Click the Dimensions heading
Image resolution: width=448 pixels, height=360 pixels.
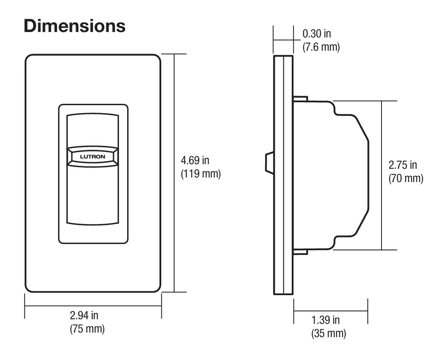[75, 26]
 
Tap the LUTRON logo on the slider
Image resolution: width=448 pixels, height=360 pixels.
[92, 156]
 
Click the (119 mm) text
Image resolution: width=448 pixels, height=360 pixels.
[201, 173]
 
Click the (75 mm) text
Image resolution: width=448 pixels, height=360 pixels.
[87, 328]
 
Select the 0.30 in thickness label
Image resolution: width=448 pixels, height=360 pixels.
[317, 34]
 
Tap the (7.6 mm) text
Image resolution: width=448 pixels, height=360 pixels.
[321, 47]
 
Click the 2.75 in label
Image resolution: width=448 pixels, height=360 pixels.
[403, 165]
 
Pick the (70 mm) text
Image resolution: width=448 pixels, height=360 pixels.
[406, 179]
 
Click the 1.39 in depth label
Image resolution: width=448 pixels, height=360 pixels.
[325, 320]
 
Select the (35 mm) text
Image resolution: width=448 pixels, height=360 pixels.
[328, 333]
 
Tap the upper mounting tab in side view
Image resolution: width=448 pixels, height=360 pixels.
[300, 99]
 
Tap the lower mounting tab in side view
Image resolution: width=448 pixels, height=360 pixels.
[300, 252]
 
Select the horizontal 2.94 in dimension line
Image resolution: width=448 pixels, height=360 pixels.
[50, 306]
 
